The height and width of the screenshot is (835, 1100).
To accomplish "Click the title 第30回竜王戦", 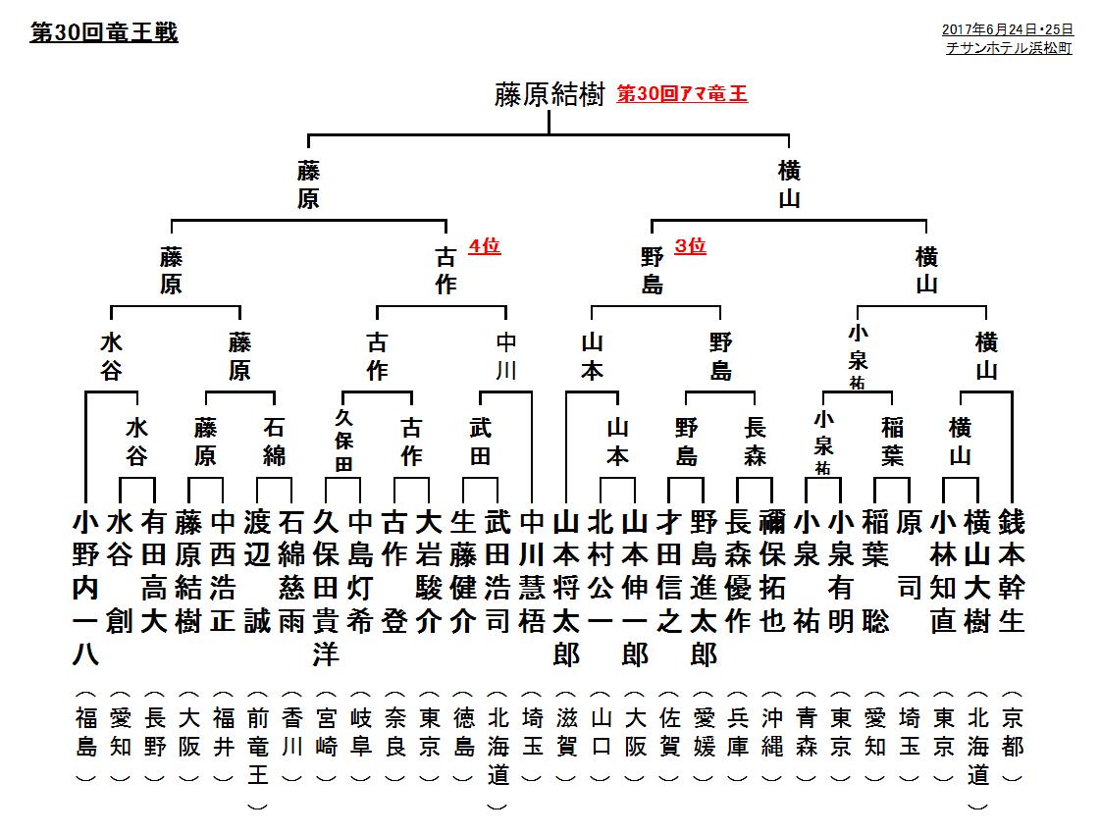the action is (x=104, y=32).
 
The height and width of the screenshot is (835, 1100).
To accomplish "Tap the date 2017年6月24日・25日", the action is (x=1008, y=29).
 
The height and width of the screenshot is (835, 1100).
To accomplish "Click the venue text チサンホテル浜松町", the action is (x=1009, y=48).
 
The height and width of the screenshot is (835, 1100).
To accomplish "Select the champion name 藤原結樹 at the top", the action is (x=550, y=95).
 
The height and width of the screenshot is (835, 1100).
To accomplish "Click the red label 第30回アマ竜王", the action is (x=682, y=93).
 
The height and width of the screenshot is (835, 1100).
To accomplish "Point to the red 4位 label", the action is (x=484, y=245).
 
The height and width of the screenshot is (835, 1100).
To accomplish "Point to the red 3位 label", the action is (x=690, y=245).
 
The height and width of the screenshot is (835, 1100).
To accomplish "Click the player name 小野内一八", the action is (x=85, y=588).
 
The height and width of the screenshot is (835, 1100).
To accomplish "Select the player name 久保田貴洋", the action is (x=326, y=588).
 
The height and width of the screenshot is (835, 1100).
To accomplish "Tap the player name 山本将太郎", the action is (x=566, y=588).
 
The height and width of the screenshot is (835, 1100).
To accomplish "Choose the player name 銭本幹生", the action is (x=1012, y=572).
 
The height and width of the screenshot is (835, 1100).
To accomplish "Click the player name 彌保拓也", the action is (x=771, y=572).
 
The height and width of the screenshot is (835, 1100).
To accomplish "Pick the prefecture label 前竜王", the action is (x=257, y=747).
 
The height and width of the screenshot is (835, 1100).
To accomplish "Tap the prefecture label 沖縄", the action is (x=771, y=732).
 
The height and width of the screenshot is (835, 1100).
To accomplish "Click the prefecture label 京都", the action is (x=1012, y=732).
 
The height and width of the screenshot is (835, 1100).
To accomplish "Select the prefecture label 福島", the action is (x=85, y=732).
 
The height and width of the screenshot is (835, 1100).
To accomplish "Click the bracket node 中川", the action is (x=505, y=356).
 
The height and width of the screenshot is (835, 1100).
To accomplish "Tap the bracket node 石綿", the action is (x=275, y=442).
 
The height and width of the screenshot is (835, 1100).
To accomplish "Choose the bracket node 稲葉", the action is (x=892, y=442).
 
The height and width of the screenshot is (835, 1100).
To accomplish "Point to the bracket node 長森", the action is (x=755, y=442).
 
